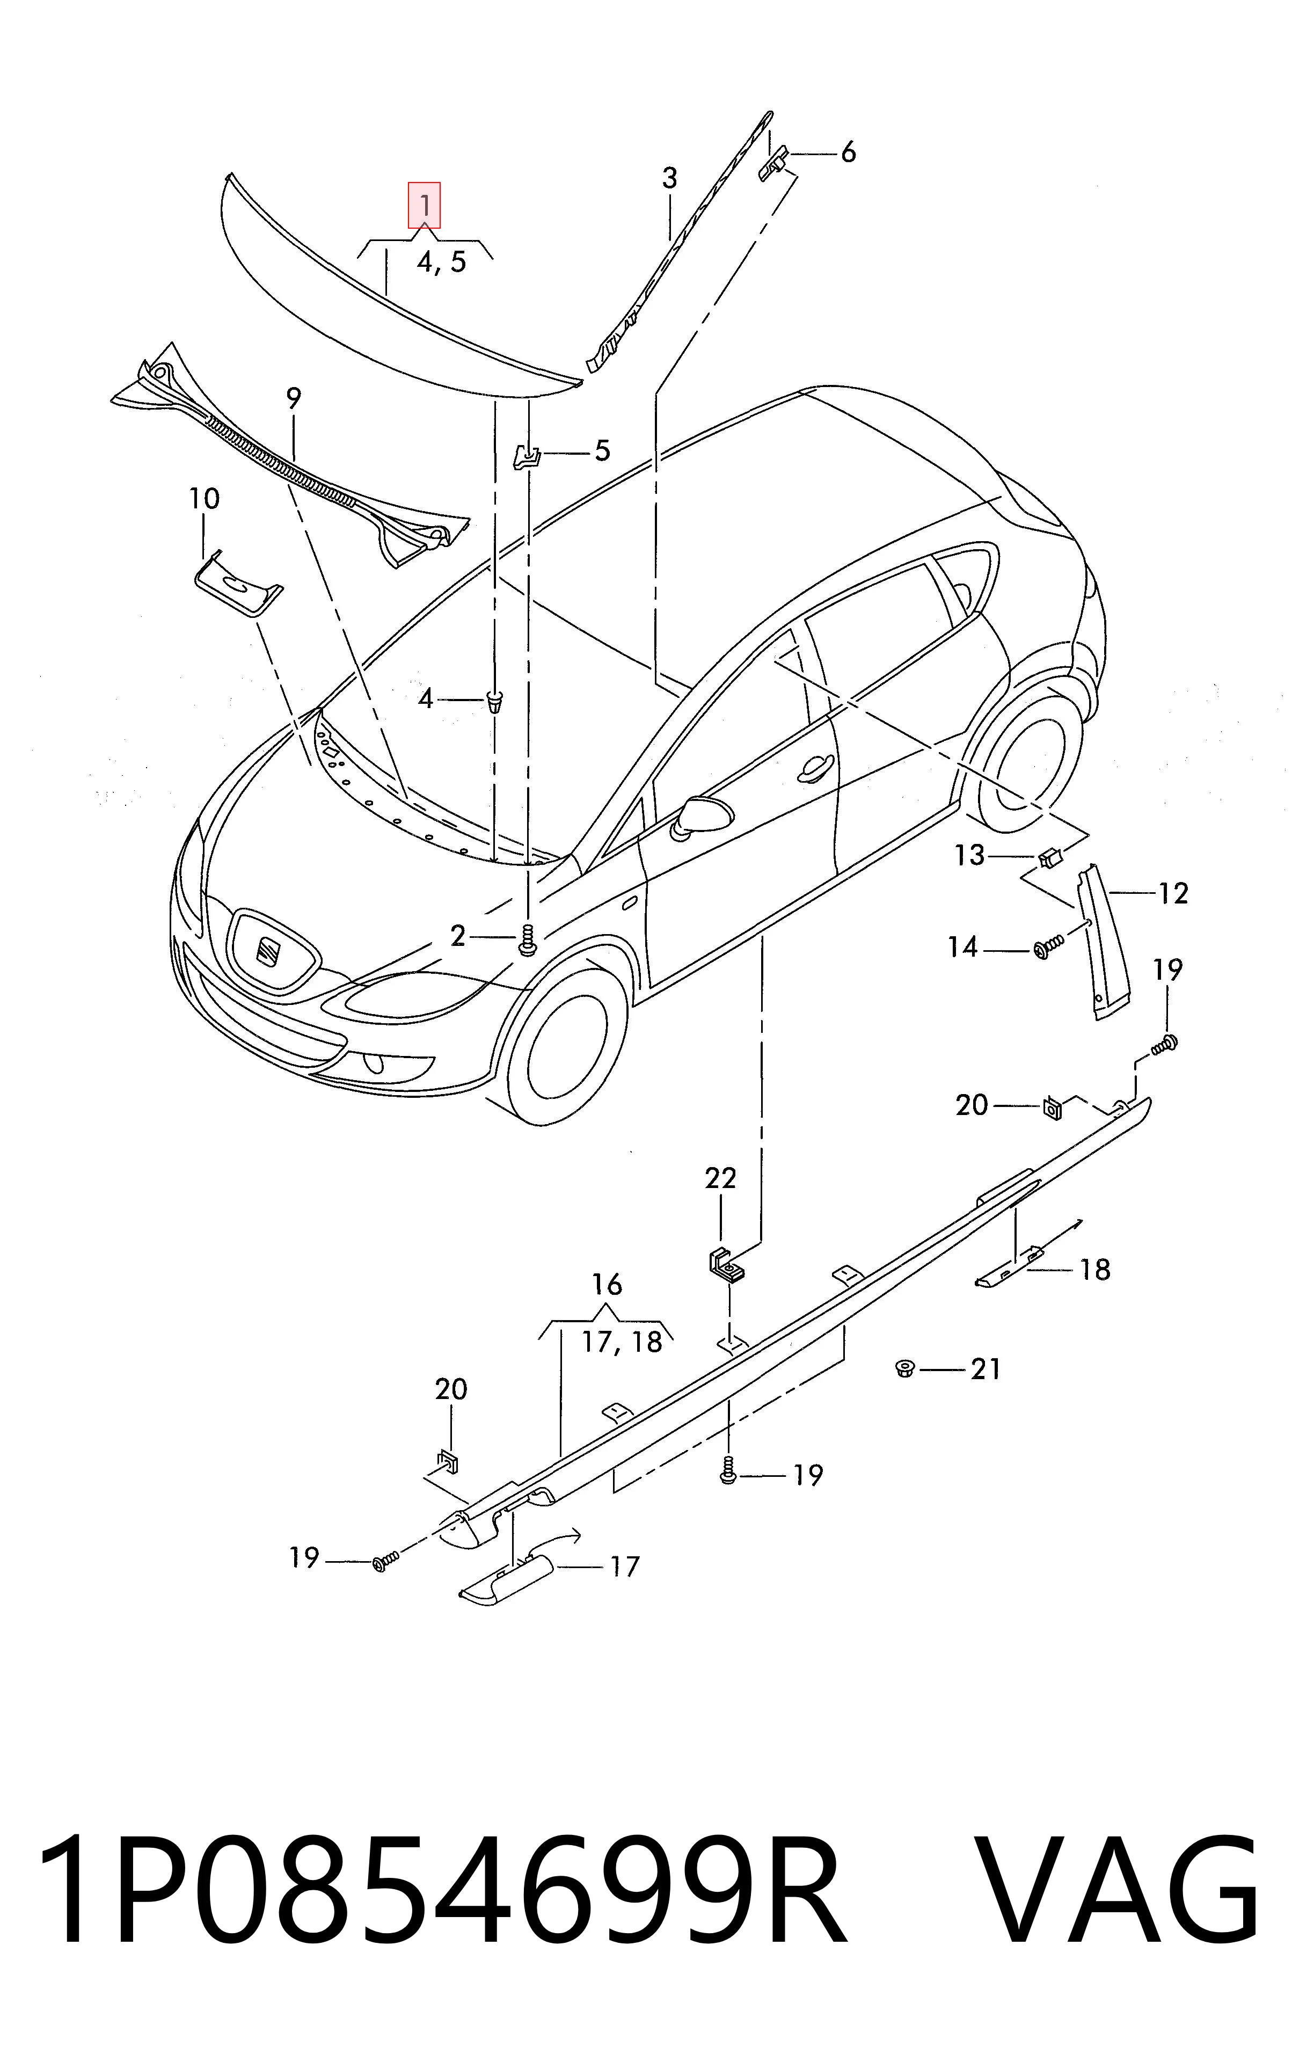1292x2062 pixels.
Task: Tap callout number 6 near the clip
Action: (848, 153)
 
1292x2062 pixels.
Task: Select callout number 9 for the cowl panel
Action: (294, 398)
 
